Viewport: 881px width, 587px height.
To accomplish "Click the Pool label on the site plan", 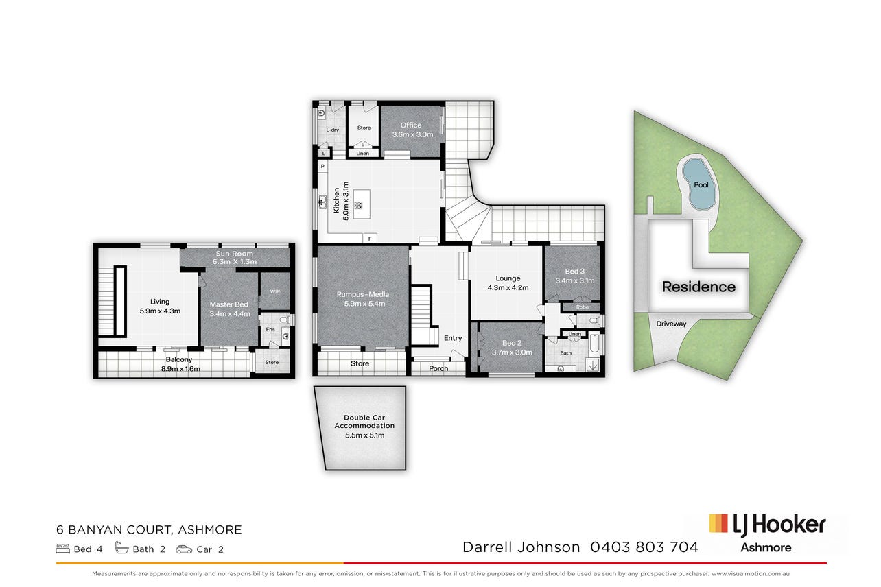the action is [x=701, y=184].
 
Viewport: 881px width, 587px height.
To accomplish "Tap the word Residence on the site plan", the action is [x=698, y=287].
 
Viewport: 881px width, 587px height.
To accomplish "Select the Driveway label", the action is [x=671, y=324].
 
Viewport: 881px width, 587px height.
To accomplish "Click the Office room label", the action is [x=410, y=125].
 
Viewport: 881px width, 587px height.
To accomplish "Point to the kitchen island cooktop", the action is [x=358, y=205].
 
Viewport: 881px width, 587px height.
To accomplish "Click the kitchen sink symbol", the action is [x=322, y=202].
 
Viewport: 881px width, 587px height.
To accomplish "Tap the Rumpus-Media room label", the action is [x=363, y=294].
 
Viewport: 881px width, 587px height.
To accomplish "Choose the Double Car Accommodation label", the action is [x=364, y=422].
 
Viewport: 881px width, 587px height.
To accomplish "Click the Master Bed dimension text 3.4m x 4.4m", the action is [x=230, y=314].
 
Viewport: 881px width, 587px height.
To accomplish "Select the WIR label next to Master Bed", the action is [x=275, y=291].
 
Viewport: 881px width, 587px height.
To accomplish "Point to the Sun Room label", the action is [x=235, y=254].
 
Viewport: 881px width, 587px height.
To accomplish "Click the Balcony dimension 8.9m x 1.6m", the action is [x=180, y=369].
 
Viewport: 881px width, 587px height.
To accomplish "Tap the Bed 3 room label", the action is [x=574, y=272].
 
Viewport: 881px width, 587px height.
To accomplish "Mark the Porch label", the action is [x=438, y=368].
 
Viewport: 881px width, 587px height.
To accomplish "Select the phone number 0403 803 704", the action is [x=644, y=547].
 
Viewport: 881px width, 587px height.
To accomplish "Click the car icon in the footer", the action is [x=184, y=549].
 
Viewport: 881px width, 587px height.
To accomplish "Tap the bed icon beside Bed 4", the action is [x=63, y=549].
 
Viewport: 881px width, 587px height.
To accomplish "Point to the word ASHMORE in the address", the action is [x=210, y=529].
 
